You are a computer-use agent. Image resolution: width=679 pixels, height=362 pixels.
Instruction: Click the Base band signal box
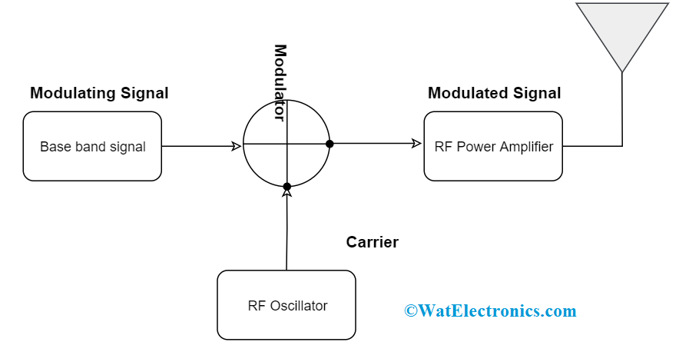[92, 146]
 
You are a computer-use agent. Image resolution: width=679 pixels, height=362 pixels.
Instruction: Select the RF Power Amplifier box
[493, 146]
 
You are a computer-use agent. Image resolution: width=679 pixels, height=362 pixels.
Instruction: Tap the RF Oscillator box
[287, 305]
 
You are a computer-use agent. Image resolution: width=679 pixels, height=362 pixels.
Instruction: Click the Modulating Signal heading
[99, 93]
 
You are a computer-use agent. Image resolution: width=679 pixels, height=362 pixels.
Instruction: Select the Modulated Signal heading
[494, 93]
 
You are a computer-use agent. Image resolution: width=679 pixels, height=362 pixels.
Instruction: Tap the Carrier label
[372, 242]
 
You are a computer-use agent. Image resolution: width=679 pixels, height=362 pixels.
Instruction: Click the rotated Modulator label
[280, 83]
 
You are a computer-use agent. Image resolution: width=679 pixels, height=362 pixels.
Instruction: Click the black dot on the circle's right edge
[330, 144]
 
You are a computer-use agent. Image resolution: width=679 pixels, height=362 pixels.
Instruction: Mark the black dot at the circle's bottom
[287, 187]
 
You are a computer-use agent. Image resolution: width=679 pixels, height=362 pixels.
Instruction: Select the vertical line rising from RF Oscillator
[287, 231]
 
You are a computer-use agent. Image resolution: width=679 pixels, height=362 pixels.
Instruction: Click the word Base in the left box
[52, 146]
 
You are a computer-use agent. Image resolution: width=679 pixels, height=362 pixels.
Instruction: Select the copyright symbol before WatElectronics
[411, 311]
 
